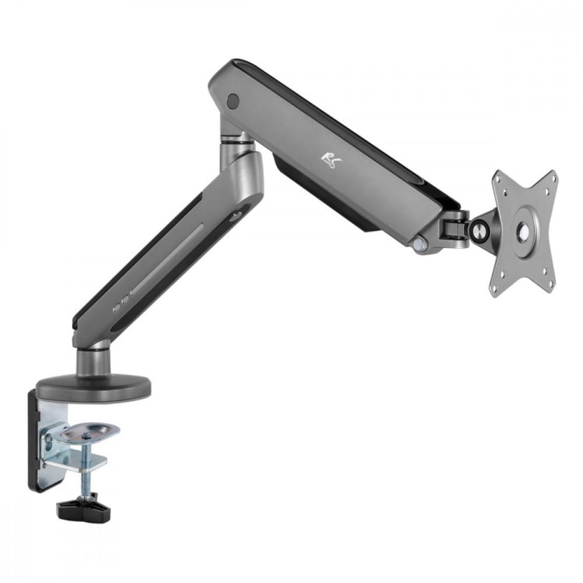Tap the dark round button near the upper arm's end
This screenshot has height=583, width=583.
coord(231,100)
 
